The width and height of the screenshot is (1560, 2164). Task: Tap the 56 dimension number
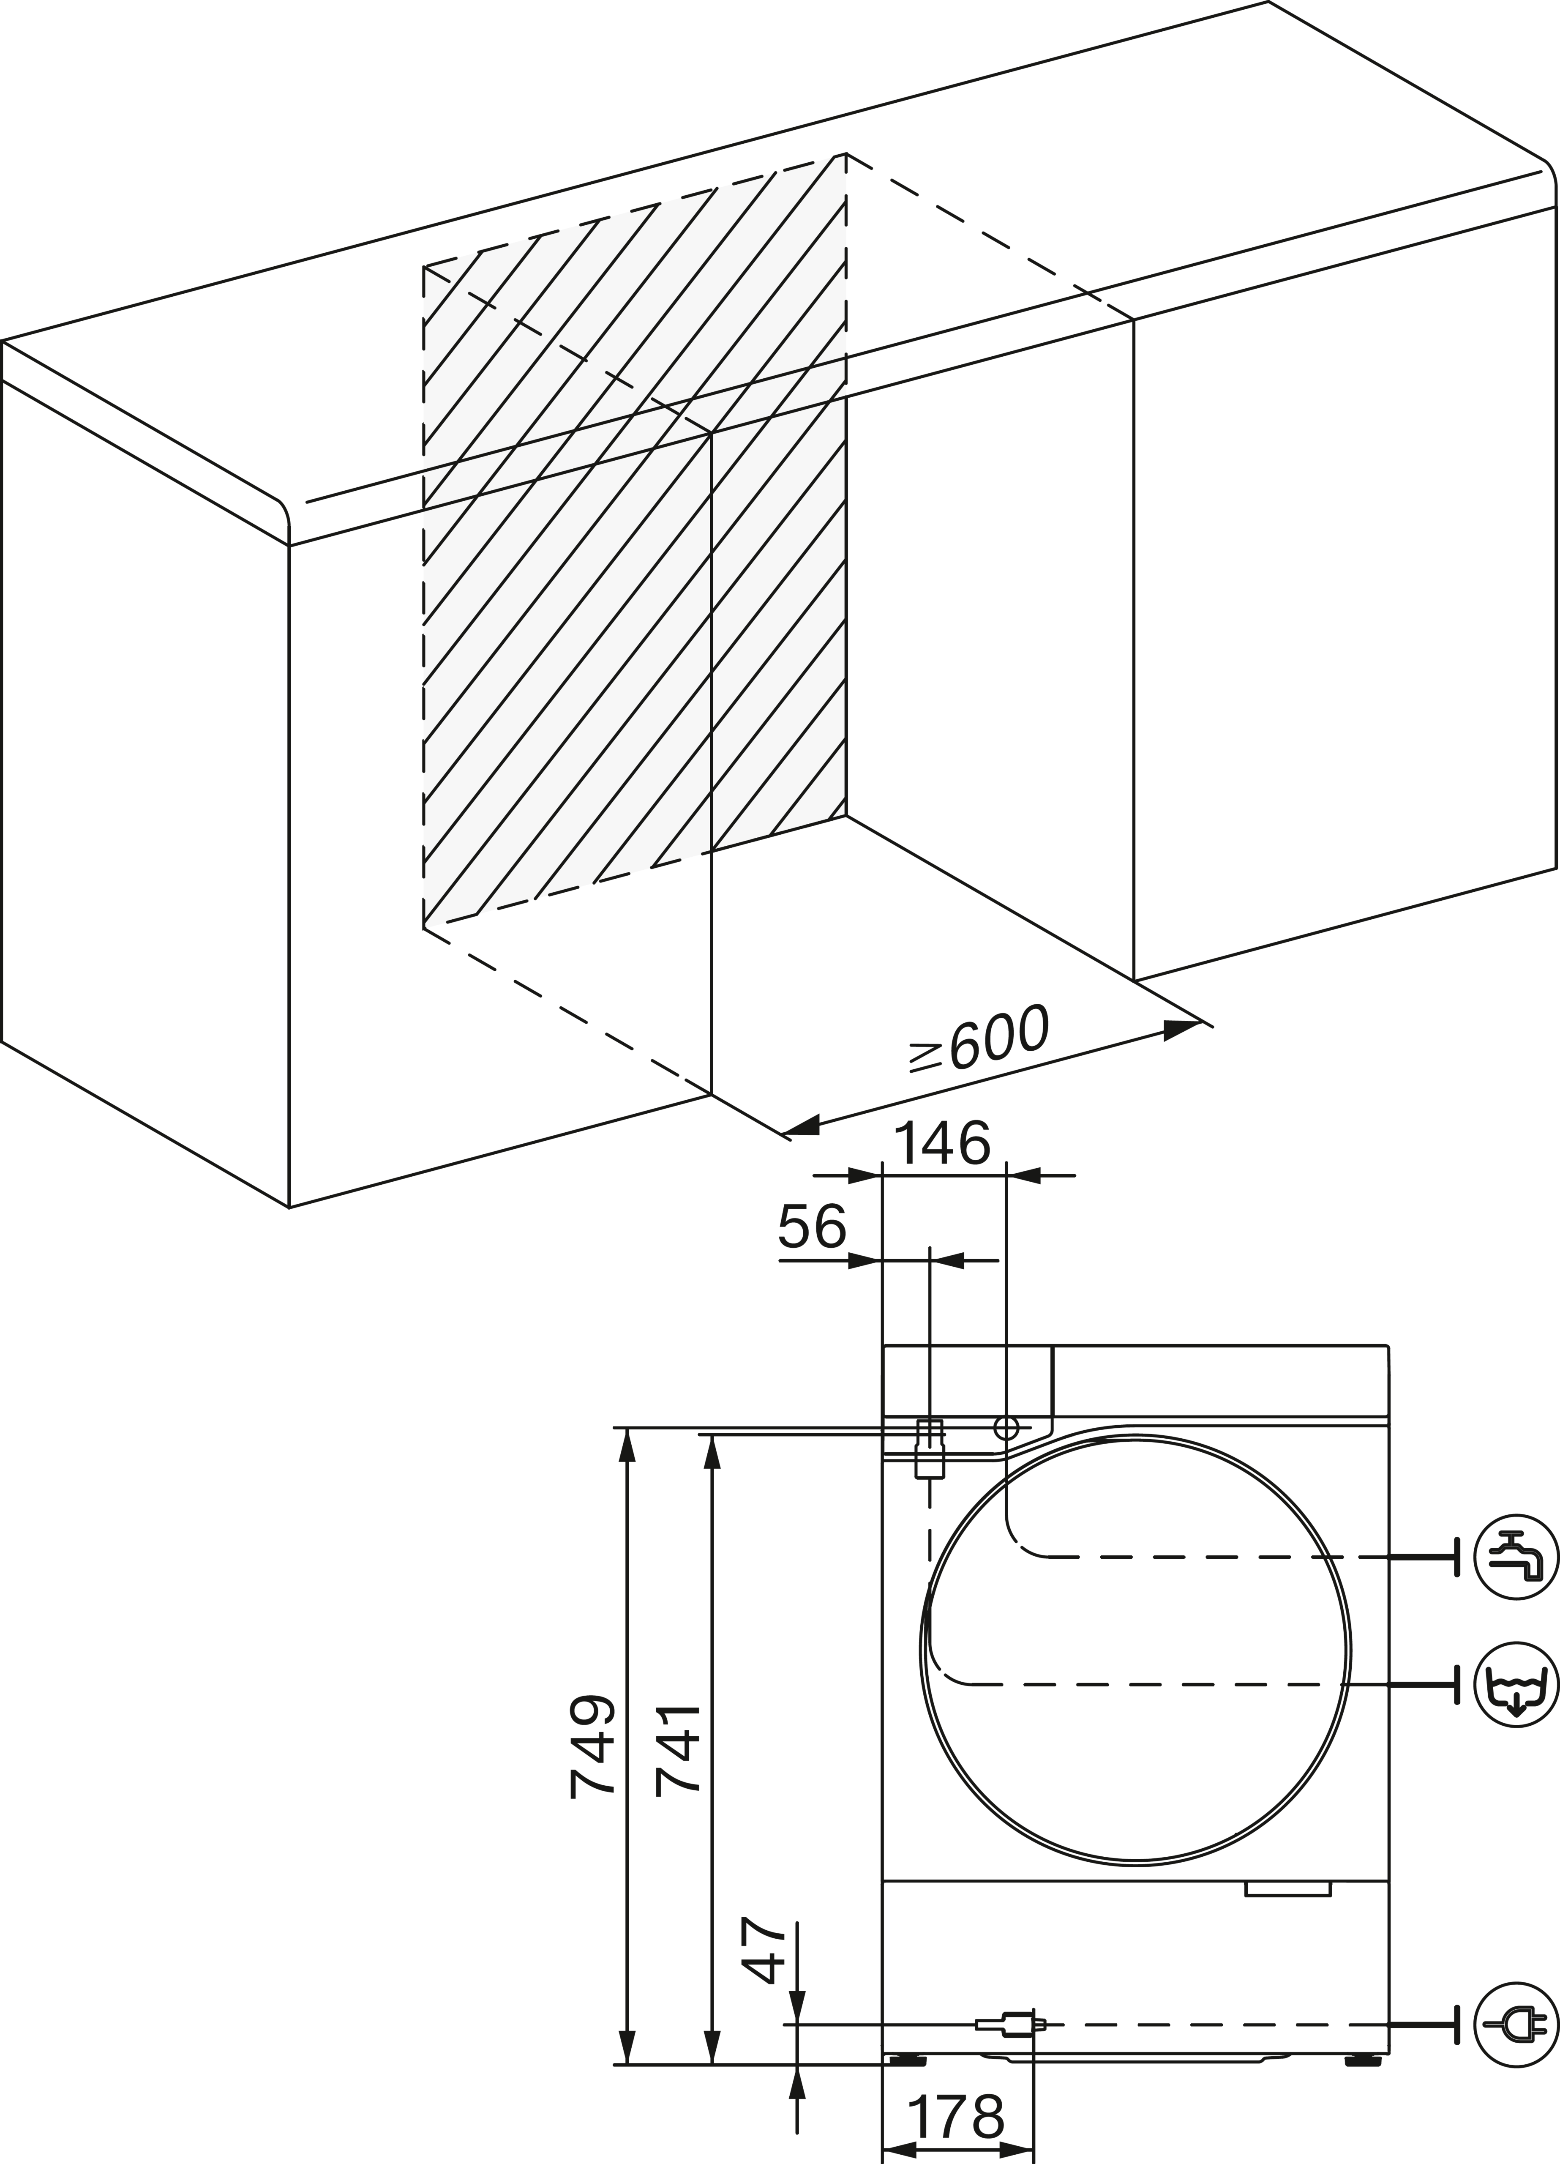point(812,1227)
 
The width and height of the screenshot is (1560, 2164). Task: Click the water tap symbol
point(1516,1556)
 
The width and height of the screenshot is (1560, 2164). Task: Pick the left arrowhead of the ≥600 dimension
point(802,1127)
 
